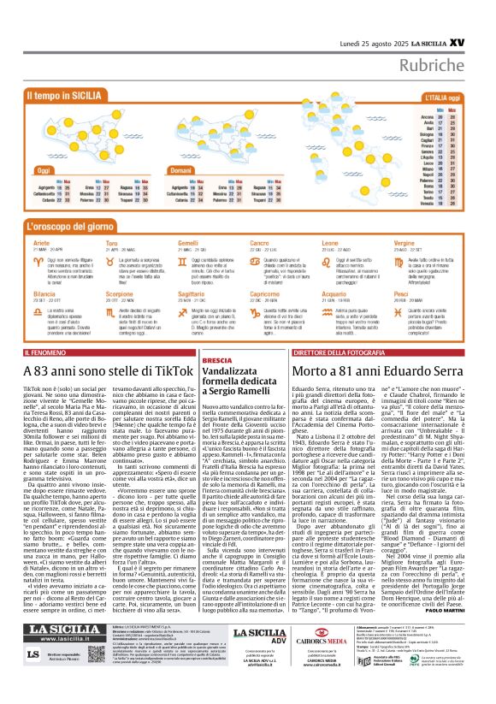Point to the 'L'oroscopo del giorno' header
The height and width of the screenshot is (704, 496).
(x=81, y=226)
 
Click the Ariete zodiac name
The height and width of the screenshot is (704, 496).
(x=41, y=243)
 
